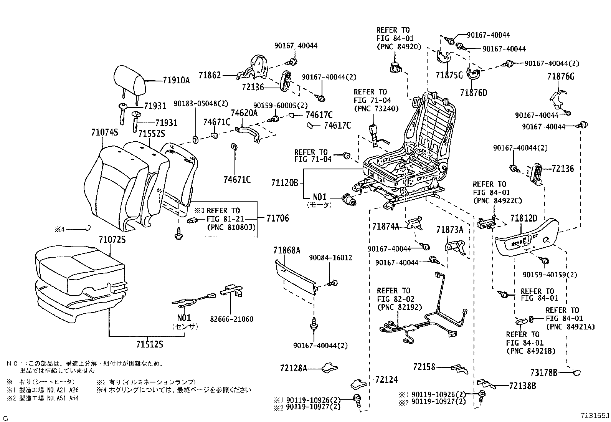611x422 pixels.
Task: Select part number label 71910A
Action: pos(176,80)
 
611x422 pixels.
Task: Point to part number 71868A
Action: pos(286,250)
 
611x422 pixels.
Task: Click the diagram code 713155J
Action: pos(594,416)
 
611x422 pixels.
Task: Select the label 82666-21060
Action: pos(231,319)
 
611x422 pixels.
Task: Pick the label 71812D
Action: pos(523,218)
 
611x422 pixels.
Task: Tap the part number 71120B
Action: pos(284,182)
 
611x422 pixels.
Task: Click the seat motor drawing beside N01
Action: pos(348,200)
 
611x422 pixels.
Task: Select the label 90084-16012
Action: pos(330,258)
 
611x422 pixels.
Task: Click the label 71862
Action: pos(210,75)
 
